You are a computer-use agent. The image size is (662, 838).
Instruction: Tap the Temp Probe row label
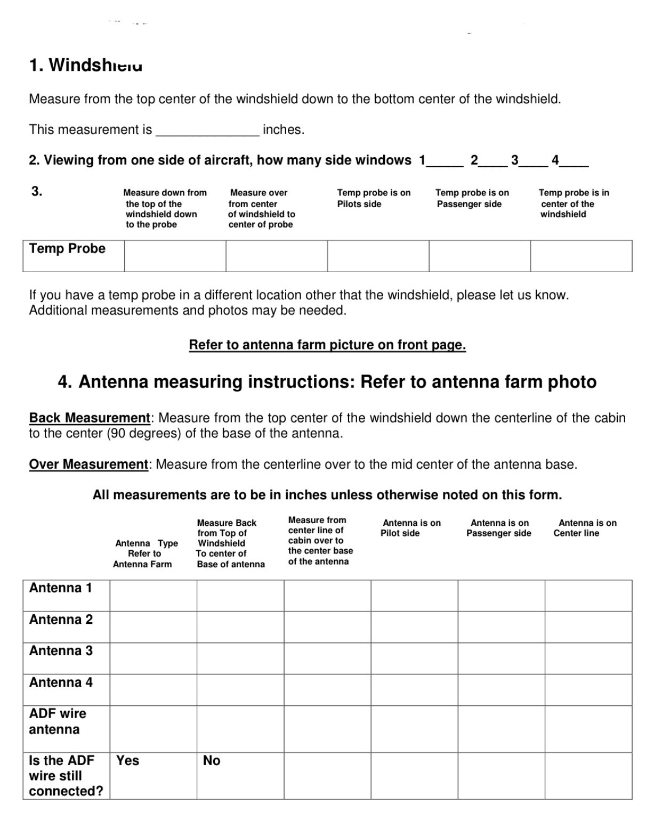(67, 249)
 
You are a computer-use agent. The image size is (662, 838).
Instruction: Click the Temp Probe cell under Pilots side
(378, 256)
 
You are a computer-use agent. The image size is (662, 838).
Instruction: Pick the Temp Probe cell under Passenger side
(479, 256)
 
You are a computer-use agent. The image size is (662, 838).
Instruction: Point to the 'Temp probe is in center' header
(574, 203)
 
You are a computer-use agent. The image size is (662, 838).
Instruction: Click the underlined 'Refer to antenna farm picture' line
(327, 345)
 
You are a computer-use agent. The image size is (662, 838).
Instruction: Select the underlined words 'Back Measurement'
(90, 418)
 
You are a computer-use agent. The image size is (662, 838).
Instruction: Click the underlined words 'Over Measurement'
(88, 464)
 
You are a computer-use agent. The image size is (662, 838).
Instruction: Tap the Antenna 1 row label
(61, 588)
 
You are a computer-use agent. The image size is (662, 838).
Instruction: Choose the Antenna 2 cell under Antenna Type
(153, 627)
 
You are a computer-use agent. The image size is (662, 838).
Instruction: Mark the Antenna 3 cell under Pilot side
(414, 658)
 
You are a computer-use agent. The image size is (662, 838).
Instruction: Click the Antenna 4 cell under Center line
(588, 689)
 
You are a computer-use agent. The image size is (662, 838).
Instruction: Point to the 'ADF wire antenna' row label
(58, 721)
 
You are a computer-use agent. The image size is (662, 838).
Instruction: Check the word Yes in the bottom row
(127, 760)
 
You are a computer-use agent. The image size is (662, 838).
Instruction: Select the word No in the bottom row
(212, 760)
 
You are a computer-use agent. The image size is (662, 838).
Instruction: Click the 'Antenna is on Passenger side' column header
(499, 528)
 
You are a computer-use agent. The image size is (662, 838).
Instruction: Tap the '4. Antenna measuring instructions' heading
(327, 382)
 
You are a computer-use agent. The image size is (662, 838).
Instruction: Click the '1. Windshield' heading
(86, 65)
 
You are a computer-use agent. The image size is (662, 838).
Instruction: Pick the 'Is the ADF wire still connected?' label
(66, 776)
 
